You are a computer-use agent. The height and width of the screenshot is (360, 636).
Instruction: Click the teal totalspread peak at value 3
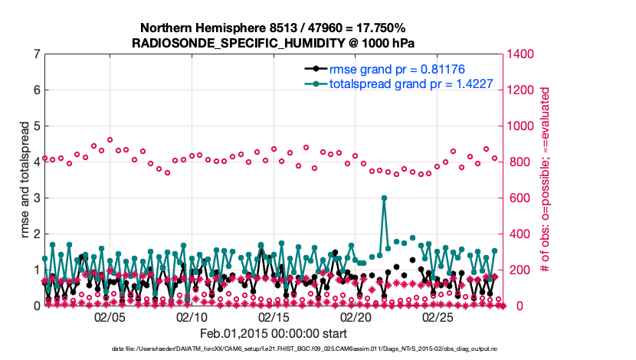(x=384, y=198)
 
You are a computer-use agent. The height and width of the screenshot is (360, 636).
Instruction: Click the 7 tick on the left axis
(x=37, y=54)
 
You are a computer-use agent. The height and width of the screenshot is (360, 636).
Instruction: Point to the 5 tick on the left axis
(x=37, y=126)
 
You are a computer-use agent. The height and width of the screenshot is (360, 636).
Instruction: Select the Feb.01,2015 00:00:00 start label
(x=274, y=333)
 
